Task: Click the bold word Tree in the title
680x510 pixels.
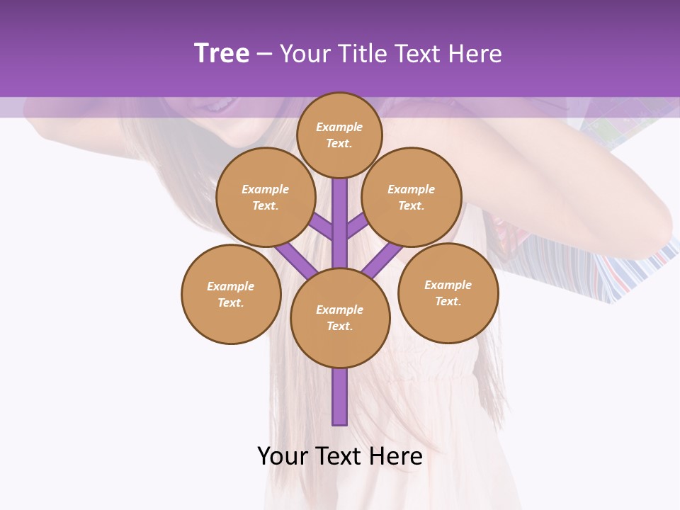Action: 222,54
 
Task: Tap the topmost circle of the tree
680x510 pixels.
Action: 339,135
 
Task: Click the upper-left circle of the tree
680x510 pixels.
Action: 265,197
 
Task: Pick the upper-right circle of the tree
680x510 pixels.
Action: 412,197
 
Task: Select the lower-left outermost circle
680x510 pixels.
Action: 231,294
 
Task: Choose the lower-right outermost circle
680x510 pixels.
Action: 448,293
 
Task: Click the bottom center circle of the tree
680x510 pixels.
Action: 340,318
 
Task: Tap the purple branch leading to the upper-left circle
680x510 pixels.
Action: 321,225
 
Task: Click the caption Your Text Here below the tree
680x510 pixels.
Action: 340,456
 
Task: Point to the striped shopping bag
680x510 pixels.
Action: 630,273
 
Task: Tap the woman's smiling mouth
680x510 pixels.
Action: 212,106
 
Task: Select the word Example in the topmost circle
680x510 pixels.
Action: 339,127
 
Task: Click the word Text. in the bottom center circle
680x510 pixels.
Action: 340,327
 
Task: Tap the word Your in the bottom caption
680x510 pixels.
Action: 283,456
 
